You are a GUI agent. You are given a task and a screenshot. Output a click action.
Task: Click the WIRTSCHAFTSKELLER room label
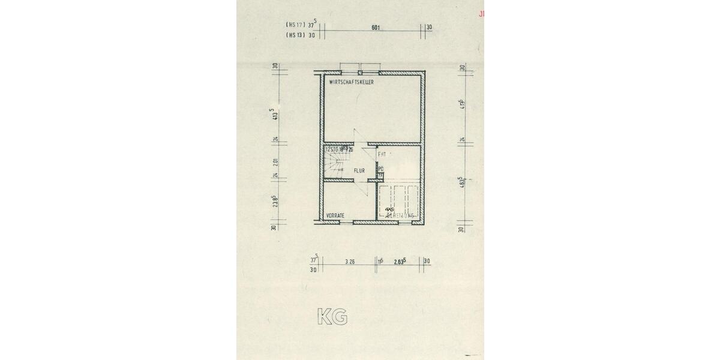coord(352,82)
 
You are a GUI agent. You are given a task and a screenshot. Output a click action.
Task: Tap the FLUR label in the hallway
coord(359,171)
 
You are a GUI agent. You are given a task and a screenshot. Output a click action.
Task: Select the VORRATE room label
coord(335,215)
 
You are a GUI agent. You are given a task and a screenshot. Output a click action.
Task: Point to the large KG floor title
coord(332,317)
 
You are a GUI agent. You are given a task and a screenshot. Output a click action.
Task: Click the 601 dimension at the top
coord(376,28)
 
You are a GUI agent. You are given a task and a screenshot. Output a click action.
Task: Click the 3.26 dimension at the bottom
coord(350,262)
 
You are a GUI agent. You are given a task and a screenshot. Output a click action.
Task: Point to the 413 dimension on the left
coord(274,115)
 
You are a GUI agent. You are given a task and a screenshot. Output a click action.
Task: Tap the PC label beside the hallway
coord(380,169)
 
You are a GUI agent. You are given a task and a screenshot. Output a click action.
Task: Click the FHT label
coord(382,154)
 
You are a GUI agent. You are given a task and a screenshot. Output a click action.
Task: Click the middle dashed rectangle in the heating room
coord(399,201)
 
